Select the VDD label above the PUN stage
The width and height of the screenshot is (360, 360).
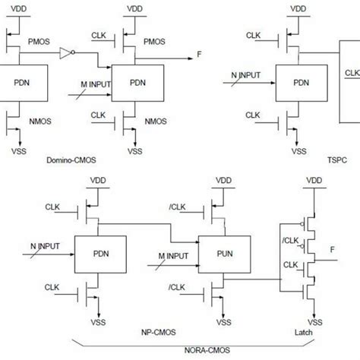point(223,181)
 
